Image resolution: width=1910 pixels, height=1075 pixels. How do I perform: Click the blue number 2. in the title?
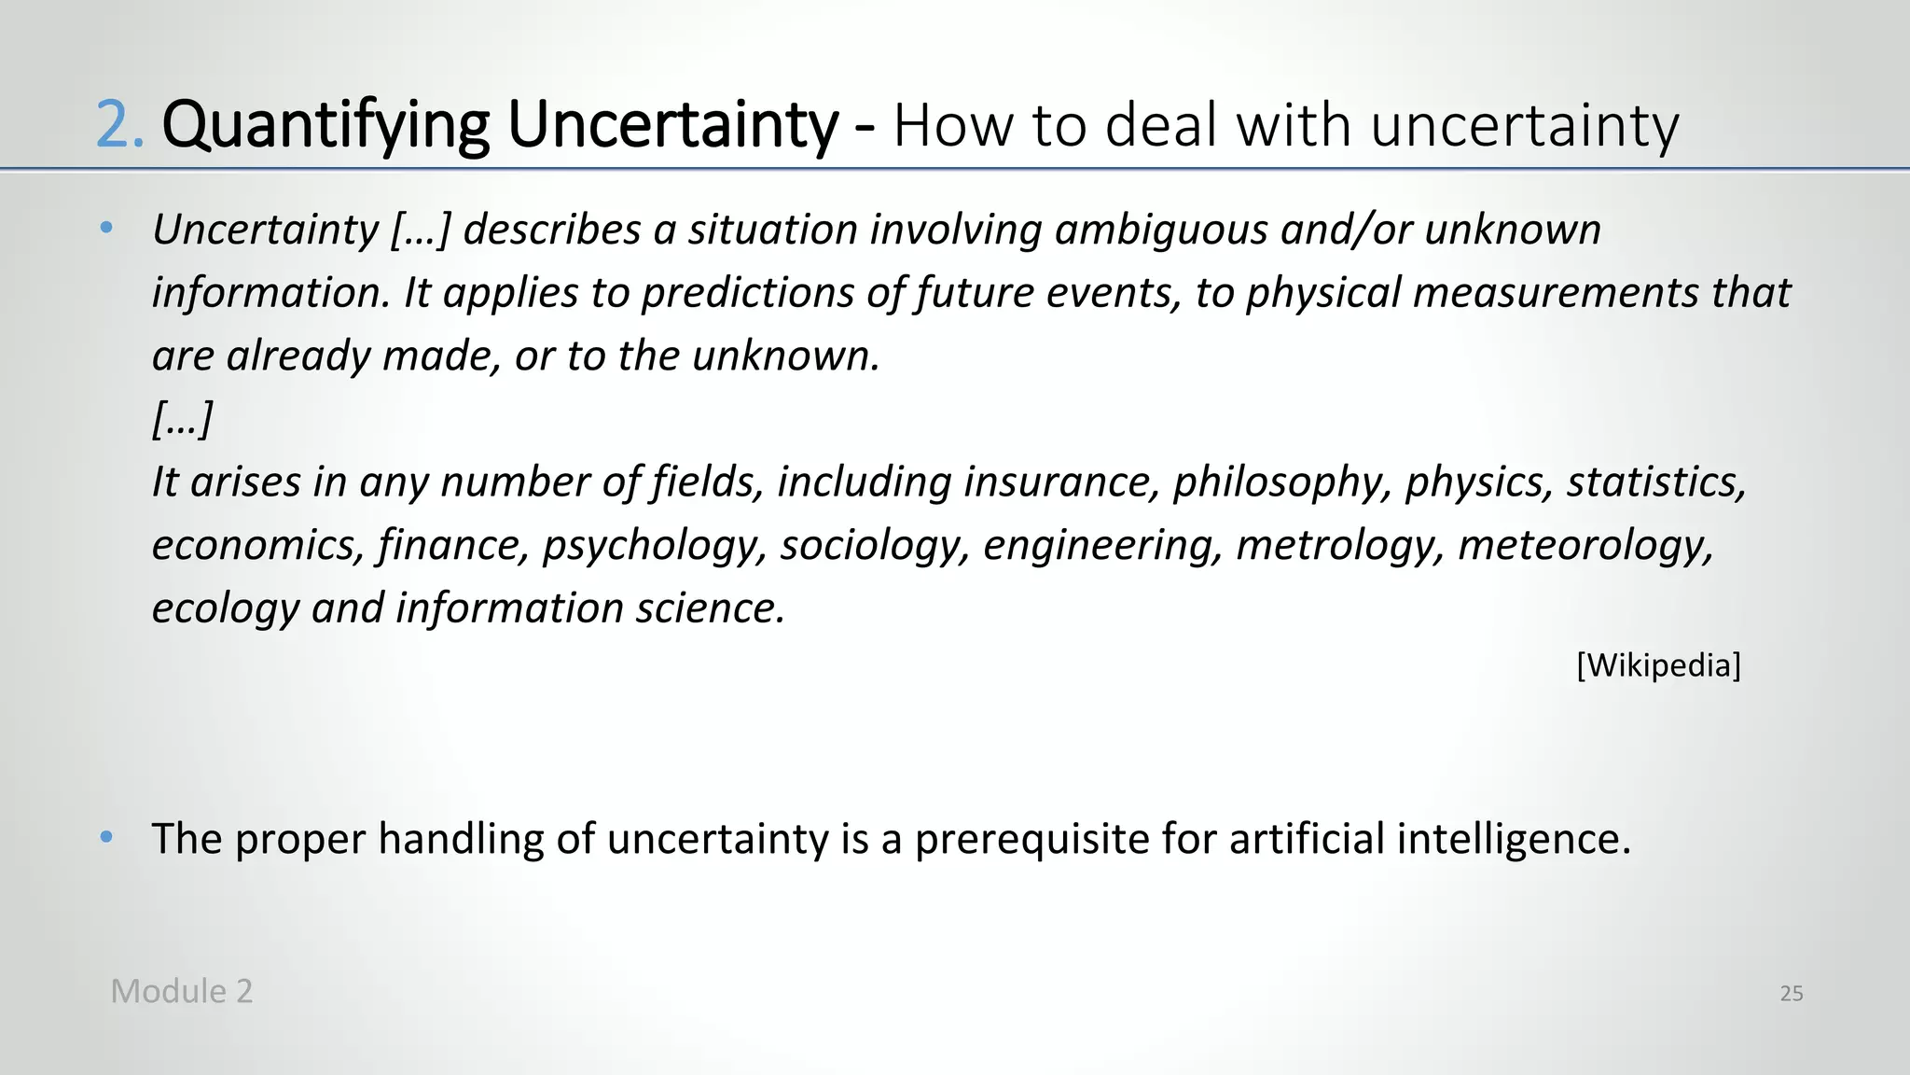[120, 125]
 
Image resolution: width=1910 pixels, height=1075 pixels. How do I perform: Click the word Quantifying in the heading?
[325, 125]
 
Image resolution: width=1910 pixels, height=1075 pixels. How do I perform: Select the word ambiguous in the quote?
[1161, 230]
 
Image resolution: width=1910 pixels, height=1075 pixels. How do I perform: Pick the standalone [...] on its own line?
[183, 419]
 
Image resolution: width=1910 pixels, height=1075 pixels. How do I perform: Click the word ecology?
[225, 608]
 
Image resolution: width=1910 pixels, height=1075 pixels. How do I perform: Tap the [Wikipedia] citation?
[1658, 665]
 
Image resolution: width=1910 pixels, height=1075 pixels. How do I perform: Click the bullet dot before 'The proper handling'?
[107, 837]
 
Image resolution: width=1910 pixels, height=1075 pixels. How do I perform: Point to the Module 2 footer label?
[182, 991]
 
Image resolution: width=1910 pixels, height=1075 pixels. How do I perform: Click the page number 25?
[1791, 994]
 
